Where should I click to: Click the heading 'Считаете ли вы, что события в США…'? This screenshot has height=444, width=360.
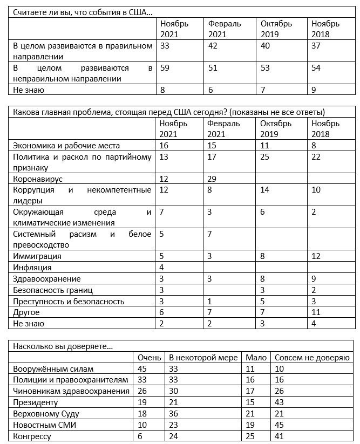[82, 12]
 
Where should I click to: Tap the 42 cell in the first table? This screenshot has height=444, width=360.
[213, 46]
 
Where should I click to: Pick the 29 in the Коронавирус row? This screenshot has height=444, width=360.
[213, 179]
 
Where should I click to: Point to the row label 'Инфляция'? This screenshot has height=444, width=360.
[32, 267]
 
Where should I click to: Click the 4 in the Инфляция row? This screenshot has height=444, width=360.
[162, 267]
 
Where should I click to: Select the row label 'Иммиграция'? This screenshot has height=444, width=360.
[37, 256]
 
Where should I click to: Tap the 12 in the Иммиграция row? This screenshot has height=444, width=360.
[316, 256]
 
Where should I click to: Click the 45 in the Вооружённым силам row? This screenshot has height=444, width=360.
[142, 369]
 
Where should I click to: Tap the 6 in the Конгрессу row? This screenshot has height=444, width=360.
[140, 436]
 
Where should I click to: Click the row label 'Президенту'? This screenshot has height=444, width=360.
[35, 402]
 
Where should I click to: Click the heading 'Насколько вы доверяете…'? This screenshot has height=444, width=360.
[62, 346]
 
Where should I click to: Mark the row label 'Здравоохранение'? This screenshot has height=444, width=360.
[47, 279]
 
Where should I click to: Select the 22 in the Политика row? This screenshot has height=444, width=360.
[316, 157]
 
